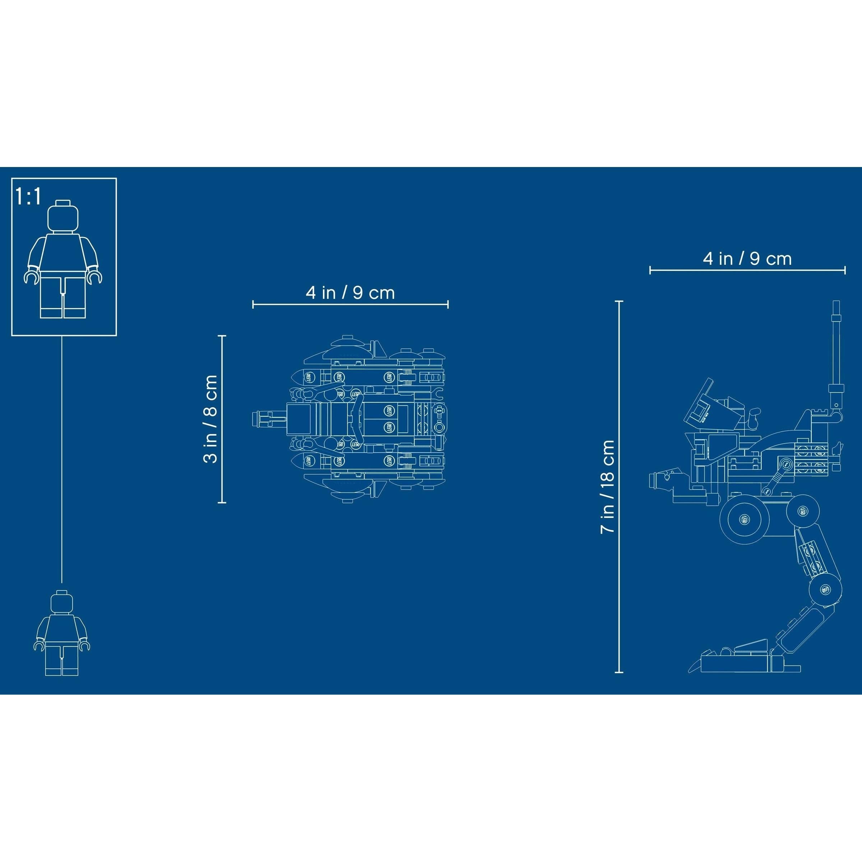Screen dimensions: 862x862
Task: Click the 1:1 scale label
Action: coord(28,197)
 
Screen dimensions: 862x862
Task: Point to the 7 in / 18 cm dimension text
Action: coord(607,486)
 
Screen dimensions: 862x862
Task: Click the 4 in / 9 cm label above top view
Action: coord(350,293)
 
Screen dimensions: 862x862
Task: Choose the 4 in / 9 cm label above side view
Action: coord(747,259)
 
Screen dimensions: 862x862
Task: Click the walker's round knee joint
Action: coord(825,589)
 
